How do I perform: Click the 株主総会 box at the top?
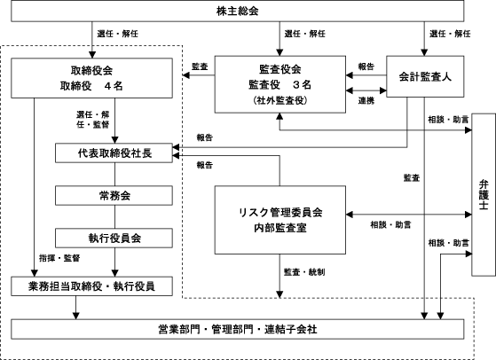click(237, 11)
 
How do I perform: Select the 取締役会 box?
click(91, 78)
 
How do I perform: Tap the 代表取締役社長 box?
click(114, 153)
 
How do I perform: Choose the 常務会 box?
click(114, 196)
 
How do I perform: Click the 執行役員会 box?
click(114, 238)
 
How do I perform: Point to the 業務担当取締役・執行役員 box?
click(91, 286)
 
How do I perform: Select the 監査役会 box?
click(280, 84)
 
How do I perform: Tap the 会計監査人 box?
click(425, 76)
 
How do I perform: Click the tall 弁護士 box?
click(484, 195)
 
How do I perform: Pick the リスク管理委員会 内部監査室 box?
click(280, 220)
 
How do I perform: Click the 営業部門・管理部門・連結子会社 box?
click(237, 329)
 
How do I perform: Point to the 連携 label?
click(366, 100)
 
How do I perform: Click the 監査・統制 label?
click(304, 272)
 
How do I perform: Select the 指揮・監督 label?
click(59, 258)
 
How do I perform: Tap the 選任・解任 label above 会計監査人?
click(450, 34)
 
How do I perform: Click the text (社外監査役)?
click(280, 100)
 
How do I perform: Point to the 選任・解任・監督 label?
click(92, 119)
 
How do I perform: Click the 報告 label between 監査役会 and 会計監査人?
click(366, 67)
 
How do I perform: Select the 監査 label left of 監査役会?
click(200, 67)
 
